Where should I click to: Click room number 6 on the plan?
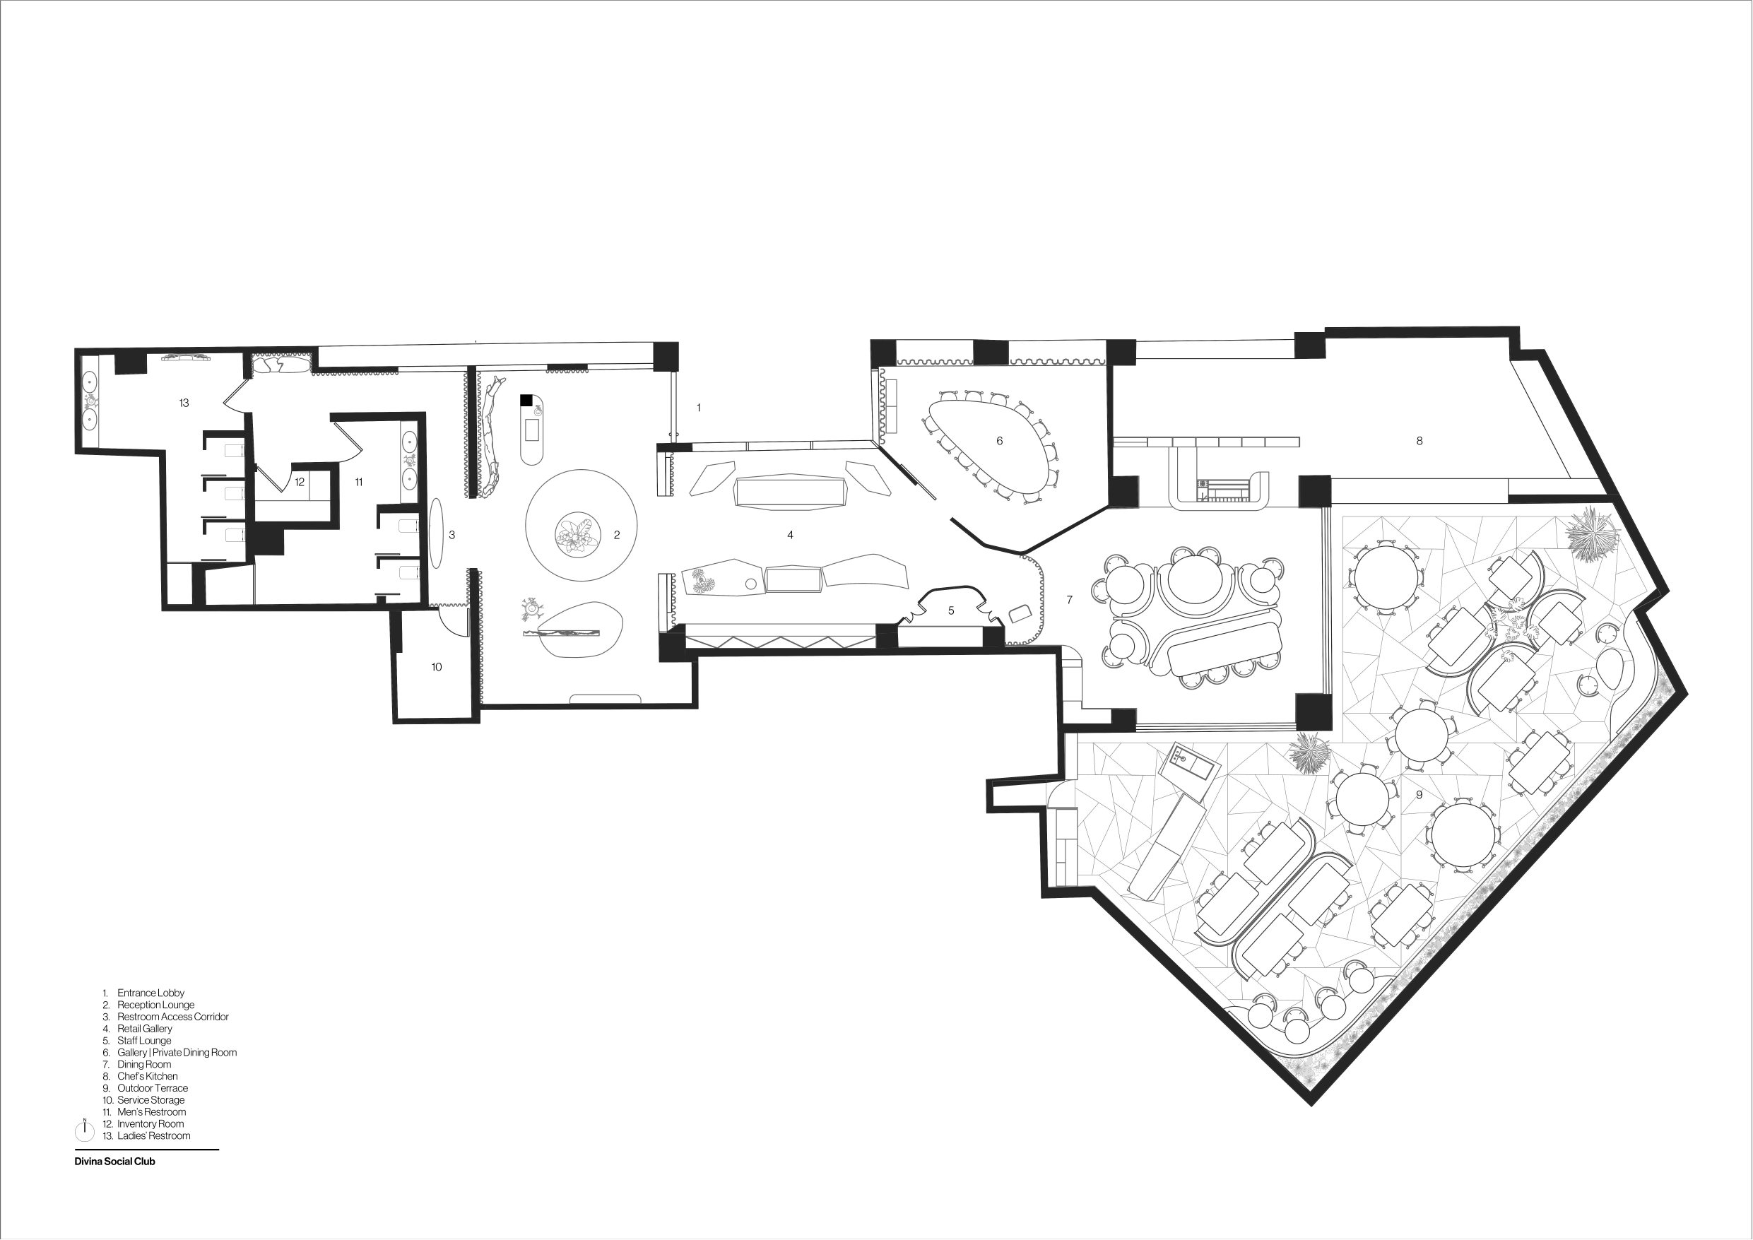click(x=999, y=442)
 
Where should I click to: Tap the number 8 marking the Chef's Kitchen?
click(x=1419, y=442)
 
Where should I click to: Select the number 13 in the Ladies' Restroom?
click(x=184, y=403)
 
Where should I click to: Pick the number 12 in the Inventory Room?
click(x=300, y=483)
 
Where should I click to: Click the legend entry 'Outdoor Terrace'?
click(x=153, y=1088)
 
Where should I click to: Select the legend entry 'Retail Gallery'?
click(x=145, y=1029)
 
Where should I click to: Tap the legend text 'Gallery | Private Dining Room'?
click(x=177, y=1052)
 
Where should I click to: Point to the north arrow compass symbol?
click(x=84, y=1128)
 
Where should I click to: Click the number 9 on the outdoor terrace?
click(x=1419, y=795)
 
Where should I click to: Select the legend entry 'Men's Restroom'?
click(x=151, y=1111)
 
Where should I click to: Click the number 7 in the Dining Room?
click(x=1069, y=600)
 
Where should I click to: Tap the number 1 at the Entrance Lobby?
click(x=699, y=408)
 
